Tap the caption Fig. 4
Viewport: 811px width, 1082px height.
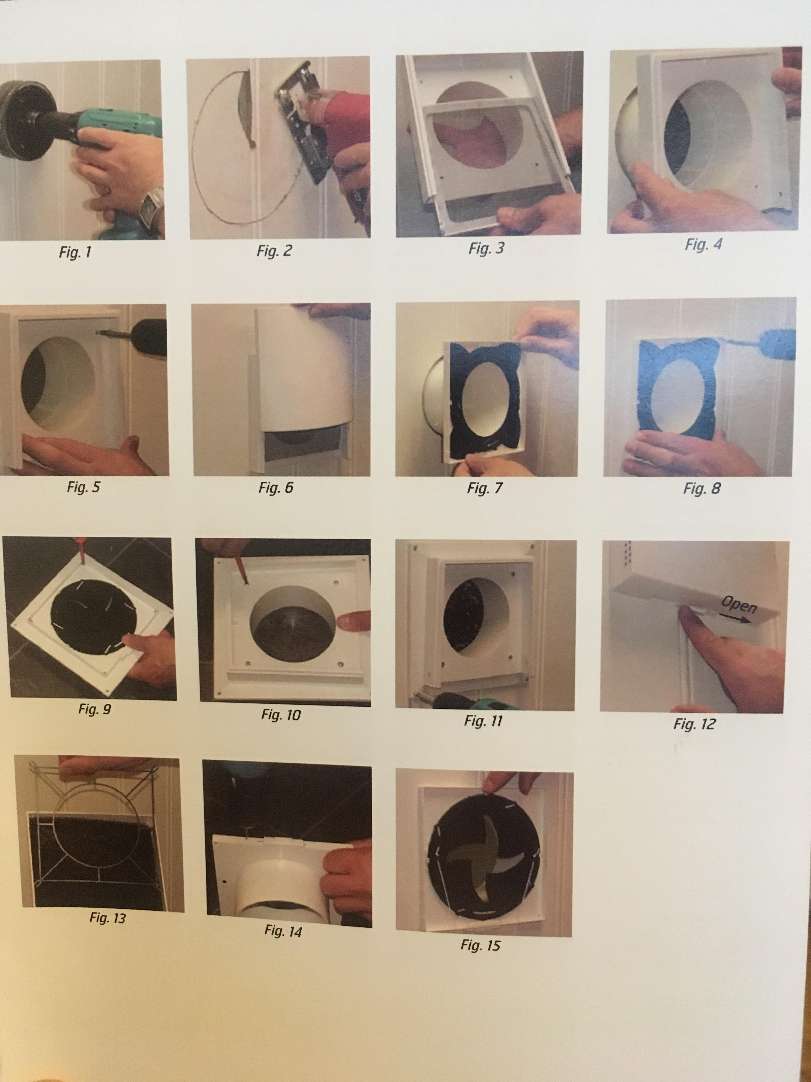(x=703, y=244)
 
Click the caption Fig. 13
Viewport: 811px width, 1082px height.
(x=108, y=918)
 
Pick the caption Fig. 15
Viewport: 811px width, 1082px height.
(x=481, y=945)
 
